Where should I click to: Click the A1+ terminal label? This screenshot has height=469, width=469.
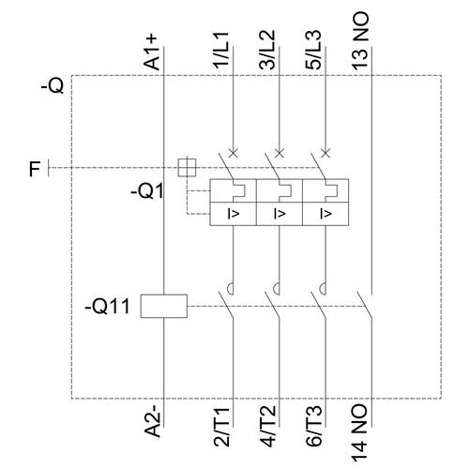click(151, 52)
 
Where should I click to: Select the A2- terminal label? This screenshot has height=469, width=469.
click(152, 421)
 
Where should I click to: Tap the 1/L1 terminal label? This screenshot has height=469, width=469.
click(221, 50)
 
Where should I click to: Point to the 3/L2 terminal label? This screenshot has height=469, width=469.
click(267, 50)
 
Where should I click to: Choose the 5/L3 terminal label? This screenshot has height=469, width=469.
click(313, 50)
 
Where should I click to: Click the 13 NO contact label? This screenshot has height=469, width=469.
click(360, 40)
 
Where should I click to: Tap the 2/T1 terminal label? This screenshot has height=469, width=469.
click(221, 426)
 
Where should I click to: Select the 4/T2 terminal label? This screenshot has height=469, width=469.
click(267, 426)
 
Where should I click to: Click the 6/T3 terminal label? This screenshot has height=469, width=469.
click(313, 426)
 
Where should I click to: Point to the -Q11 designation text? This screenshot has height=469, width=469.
click(107, 307)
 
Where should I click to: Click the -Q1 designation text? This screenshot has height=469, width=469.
click(146, 191)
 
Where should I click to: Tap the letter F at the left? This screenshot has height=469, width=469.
click(35, 169)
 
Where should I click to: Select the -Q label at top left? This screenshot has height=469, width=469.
click(53, 86)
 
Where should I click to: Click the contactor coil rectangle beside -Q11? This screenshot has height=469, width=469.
click(164, 306)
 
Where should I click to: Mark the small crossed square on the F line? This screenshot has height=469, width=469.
click(187, 168)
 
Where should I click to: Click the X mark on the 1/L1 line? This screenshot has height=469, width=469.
click(234, 153)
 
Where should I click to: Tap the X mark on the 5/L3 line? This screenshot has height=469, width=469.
click(325, 153)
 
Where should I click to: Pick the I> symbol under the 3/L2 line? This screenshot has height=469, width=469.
click(280, 214)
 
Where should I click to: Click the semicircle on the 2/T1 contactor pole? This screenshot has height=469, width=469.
click(230, 289)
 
